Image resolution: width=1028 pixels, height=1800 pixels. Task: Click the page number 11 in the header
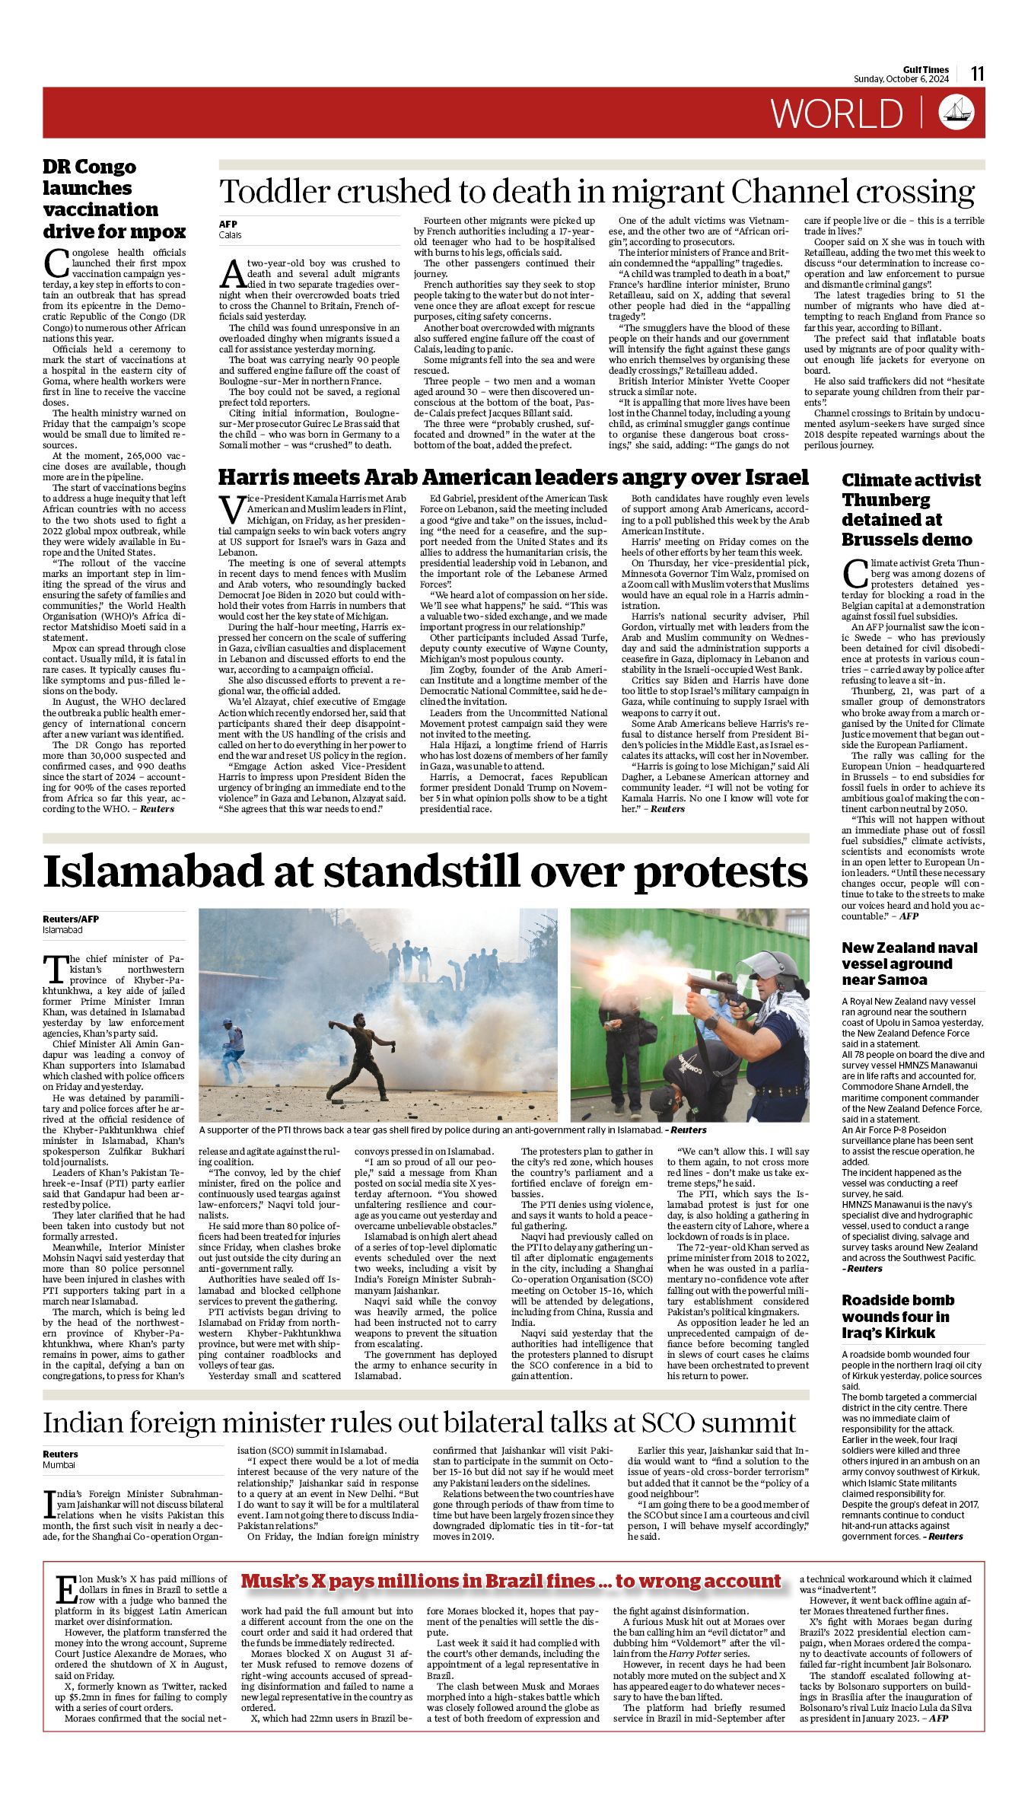click(978, 74)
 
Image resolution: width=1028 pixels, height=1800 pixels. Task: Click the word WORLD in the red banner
click(836, 113)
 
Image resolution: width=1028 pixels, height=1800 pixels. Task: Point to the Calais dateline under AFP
click(230, 235)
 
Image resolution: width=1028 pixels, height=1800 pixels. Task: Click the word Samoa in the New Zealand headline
click(905, 980)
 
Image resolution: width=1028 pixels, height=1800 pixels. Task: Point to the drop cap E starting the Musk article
click(65, 1589)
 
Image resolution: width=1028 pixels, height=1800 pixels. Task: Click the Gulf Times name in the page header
click(926, 70)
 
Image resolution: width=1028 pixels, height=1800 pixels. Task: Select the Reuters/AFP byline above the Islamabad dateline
click(72, 919)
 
